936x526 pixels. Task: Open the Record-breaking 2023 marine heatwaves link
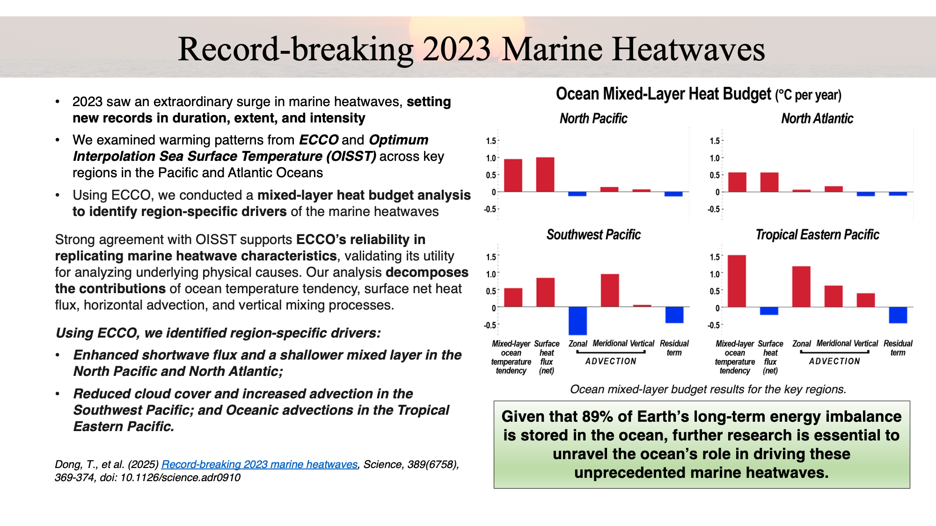tap(259, 464)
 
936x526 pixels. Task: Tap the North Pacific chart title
tap(593, 119)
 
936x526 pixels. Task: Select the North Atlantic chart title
tap(817, 119)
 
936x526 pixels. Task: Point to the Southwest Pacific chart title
tap(593, 235)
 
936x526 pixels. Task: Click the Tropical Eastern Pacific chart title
tap(817, 235)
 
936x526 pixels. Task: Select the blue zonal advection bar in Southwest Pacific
tap(578, 321)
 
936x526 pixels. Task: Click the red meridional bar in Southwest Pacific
tap(610, 290)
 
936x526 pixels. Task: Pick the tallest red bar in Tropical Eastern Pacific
tap(737, 281)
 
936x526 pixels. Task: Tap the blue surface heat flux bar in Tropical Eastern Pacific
tap(769, 311)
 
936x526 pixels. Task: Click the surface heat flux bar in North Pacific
tap(545, 175)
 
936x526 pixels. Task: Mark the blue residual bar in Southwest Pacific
tap(674, 315)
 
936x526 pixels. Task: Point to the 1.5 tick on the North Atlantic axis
tap(714, 141)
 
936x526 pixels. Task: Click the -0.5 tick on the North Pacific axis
tap(490, 209)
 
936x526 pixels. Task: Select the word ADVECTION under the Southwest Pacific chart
tap(611, 361)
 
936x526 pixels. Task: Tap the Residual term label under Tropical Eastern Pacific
tap(898, 348)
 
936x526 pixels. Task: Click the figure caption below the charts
tap(708, 389)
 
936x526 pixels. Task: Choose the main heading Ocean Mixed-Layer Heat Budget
tap(663, 94)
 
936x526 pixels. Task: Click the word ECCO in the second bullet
tap(318, 140)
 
